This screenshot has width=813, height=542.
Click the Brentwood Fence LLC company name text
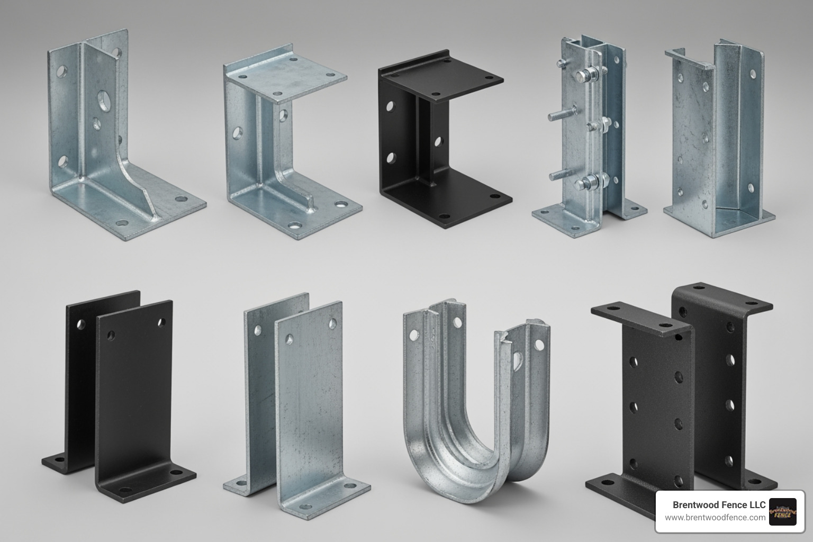719,504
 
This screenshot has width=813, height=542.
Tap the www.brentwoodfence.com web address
715,518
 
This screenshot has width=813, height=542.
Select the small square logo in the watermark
782,511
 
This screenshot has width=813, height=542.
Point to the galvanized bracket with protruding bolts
588,132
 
